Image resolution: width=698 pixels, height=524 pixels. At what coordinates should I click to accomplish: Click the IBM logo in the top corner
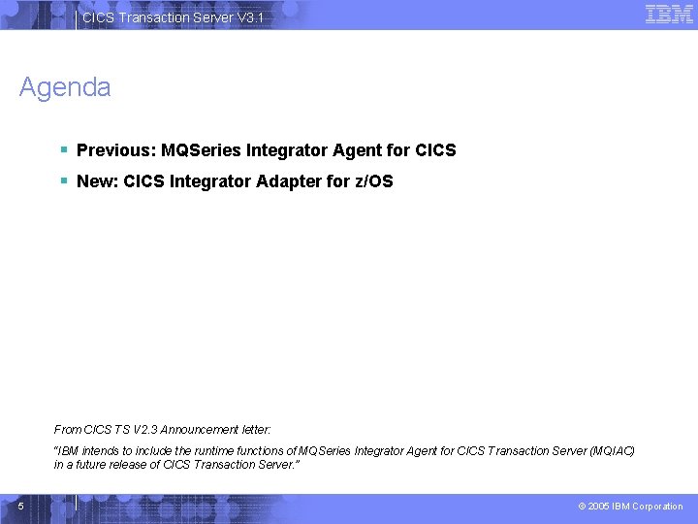click(669, 15)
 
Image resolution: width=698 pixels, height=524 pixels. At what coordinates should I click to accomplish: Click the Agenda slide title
click(65, 87)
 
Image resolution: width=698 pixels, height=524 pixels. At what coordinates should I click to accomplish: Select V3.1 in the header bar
click(249, 18)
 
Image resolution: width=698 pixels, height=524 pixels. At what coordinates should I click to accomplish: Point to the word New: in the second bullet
click(98, 181)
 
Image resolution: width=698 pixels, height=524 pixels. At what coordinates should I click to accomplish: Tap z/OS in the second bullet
click(373, 181)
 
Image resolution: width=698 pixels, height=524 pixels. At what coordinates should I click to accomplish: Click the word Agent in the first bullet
click(358, 150)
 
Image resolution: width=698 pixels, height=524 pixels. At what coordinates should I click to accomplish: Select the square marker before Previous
click(62, 149)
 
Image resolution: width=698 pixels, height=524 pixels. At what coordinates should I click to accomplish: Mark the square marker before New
click(62, 180)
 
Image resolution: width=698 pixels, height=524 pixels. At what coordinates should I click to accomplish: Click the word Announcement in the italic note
click(202, 429)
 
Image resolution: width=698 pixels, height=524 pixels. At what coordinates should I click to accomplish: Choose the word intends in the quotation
click(94, 451)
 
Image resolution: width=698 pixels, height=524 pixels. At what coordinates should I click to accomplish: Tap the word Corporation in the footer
click(657, 507)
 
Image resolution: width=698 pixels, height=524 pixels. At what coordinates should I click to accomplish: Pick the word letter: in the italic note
click(256, 429)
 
